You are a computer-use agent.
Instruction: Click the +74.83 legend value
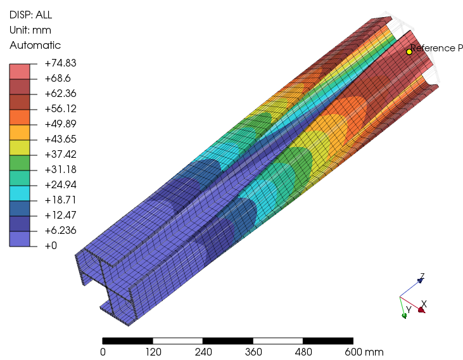(x=60, y=63)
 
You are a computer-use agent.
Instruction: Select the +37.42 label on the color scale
(x=60, y=154)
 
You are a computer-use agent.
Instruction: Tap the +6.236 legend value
(x=60, y=230)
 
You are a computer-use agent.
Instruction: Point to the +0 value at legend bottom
(x=51, y=246)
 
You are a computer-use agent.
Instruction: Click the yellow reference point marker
(x=409, y=52)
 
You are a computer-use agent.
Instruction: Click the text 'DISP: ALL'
(x=30, y=15)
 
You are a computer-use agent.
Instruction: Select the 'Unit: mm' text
(x=30, y=30)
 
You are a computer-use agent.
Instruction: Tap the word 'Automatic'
(x=35, y=45)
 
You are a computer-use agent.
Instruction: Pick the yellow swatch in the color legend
(x=20, y=148)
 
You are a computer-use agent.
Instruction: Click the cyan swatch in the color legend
(x=20, y=193)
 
